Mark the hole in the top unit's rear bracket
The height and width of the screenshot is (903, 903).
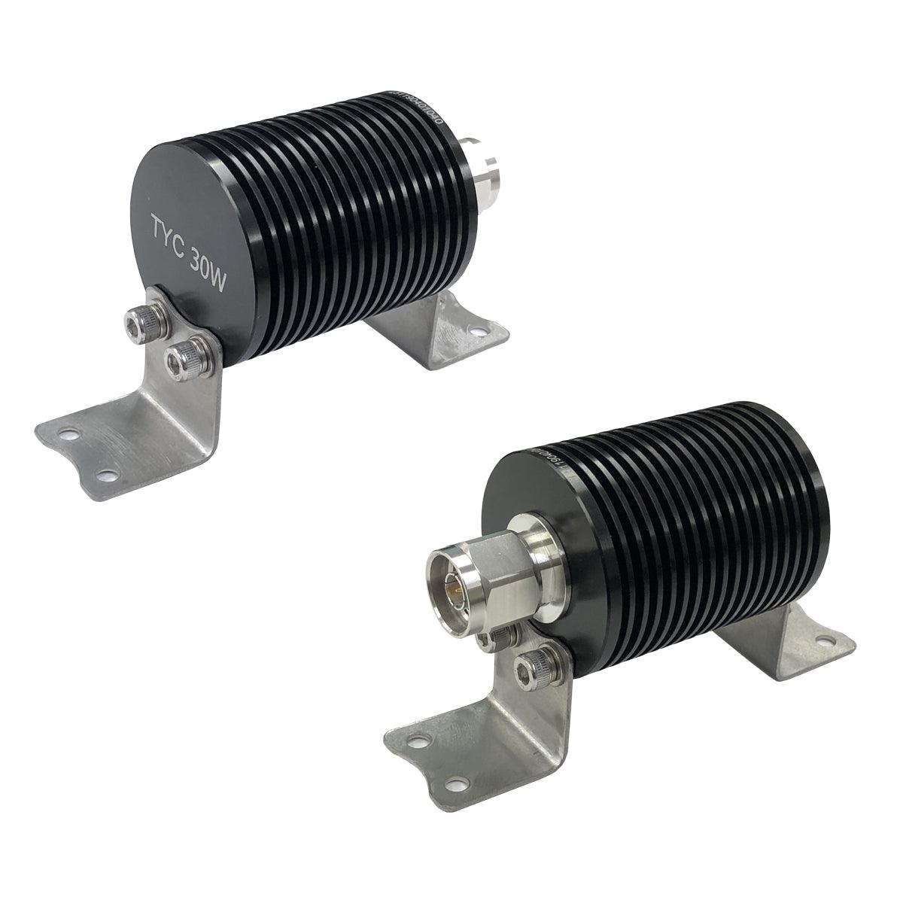[475, 330]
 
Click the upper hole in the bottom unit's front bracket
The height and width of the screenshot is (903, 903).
[412, 742]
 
